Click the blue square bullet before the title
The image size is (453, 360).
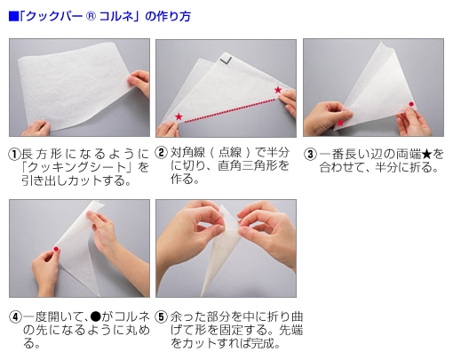point(12,16)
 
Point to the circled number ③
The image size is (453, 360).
point(310,153)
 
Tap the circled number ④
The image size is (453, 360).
point(14,317)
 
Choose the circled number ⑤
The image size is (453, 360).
point(162,317)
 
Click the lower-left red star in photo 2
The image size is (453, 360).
point(179,117)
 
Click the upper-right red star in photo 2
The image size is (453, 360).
point(278,90)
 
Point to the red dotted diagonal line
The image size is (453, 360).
point(228,104)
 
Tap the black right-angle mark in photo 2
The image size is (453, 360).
point(226,58)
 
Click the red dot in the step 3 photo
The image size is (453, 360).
point(410,106)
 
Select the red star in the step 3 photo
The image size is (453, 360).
point(340,123)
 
